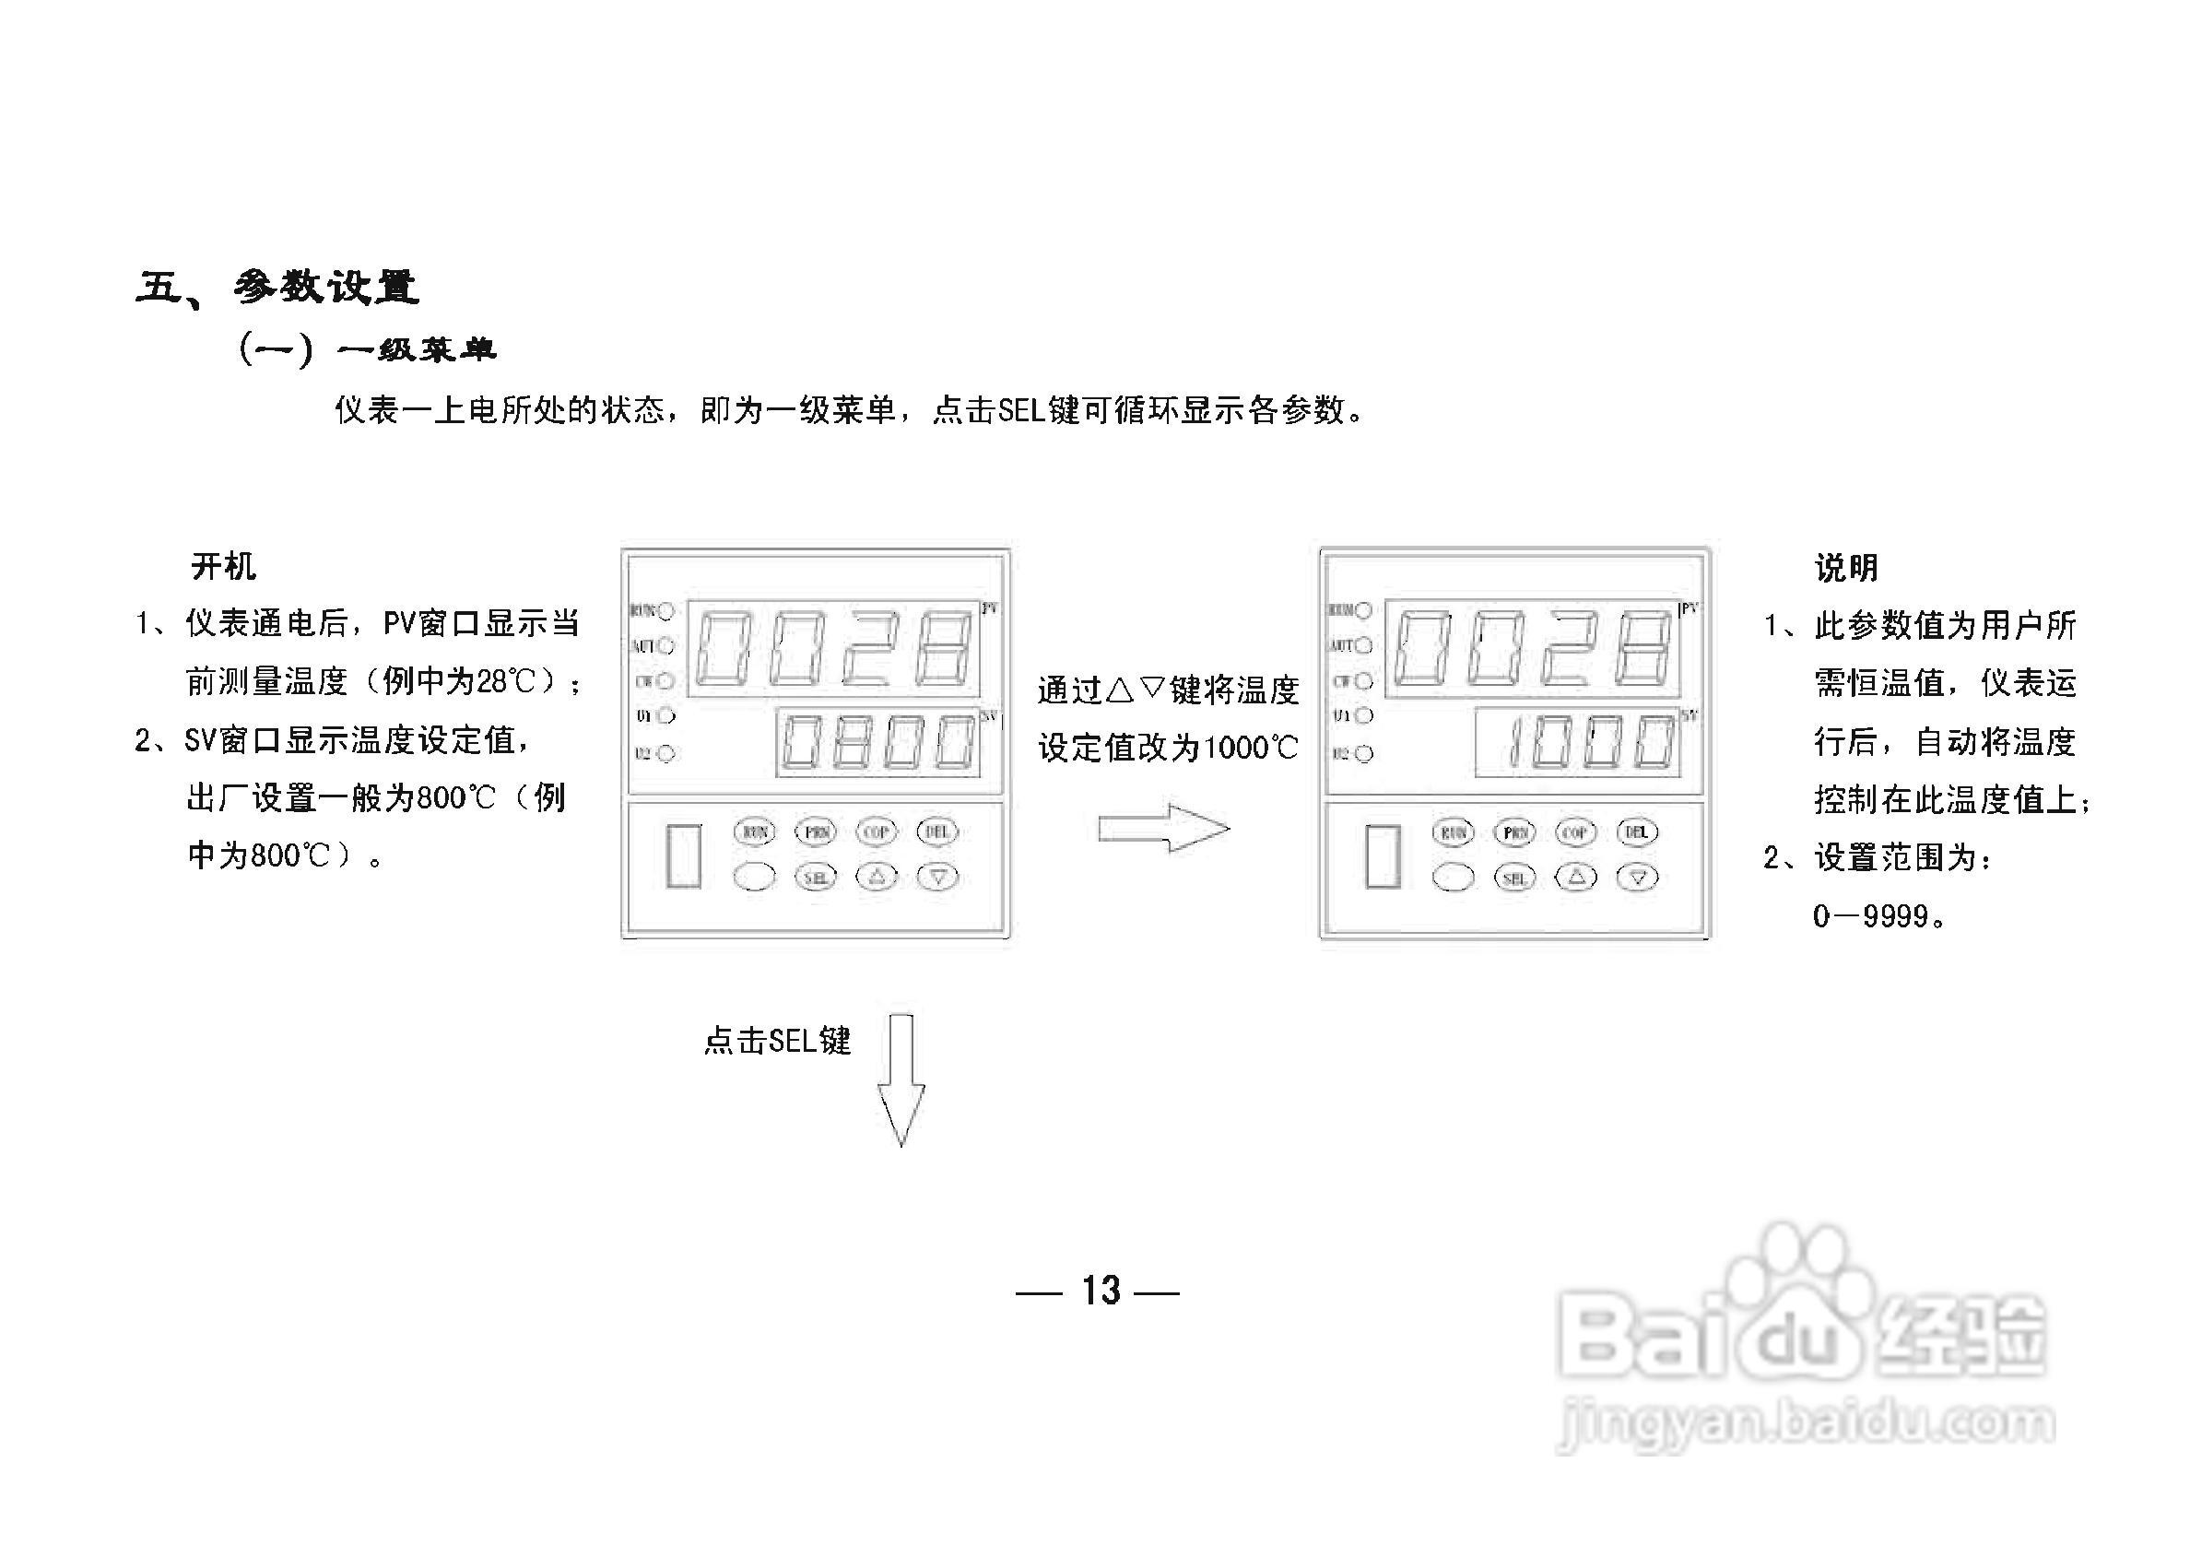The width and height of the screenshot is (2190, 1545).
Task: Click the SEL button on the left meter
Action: [816, 878]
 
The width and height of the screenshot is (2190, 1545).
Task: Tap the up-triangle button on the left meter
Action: [877, 877]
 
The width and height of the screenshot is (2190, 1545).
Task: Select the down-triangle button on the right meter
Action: [1637, 878]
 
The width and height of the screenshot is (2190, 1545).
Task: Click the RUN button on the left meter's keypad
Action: [755, 831]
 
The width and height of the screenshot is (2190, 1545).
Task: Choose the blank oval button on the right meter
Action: [1453, 878]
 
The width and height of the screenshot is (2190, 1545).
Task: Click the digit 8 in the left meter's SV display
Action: [853, 742]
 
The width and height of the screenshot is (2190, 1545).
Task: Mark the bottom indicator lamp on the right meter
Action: [1364, 753]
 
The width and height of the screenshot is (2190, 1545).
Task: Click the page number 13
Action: [1100, 1291]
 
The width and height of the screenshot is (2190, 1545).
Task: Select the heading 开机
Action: [223, 567]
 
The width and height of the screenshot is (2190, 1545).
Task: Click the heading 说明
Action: [1846, 569]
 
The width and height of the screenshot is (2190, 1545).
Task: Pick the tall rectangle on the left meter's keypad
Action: [684, 855]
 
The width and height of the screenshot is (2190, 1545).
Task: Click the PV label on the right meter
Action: [1690, 608]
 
